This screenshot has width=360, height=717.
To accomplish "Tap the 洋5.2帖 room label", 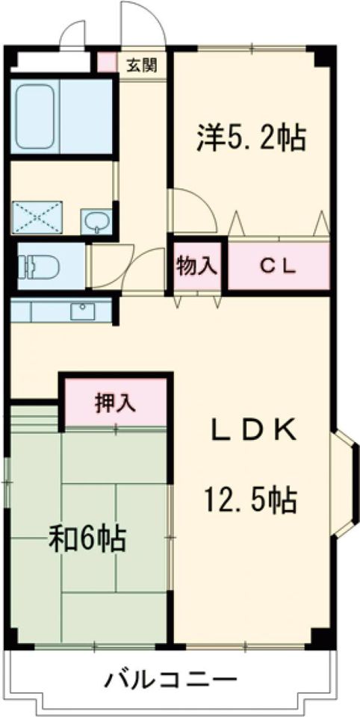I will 252,137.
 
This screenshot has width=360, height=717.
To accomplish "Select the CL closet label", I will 279,266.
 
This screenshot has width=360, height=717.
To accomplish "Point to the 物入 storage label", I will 196,266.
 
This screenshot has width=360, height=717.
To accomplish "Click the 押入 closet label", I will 114,403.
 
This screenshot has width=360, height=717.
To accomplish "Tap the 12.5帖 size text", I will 252,499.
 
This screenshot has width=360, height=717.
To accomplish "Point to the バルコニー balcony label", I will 170,679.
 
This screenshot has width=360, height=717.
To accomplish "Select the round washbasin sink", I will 95,220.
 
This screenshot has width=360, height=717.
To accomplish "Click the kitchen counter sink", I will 83,311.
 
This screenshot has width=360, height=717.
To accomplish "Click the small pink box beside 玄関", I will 106,62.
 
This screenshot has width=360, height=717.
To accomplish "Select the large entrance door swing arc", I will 142,22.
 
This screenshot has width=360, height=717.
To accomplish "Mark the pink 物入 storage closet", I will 196,266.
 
